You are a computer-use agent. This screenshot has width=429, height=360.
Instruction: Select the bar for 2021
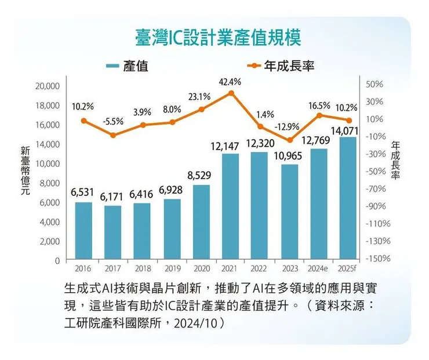click(x=231, y=206)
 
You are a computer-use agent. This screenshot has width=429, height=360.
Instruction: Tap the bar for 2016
click(x=83, y=230)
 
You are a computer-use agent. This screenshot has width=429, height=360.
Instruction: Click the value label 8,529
click(x=201, y=175)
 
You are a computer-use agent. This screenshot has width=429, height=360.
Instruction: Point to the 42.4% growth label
click(x=230, y=82)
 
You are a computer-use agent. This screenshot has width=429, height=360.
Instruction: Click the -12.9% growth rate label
click(x=289, y=126)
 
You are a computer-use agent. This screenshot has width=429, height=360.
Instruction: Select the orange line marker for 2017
click(x=113, y=135)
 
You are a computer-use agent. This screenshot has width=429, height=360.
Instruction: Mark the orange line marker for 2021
click(x=231, y=93)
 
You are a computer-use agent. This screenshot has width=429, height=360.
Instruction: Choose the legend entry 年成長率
click(x=289, y=66)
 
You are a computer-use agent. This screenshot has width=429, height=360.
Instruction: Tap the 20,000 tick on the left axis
click(x=48, y=86)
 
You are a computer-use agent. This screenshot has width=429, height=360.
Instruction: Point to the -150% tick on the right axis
click(x=379, y=258)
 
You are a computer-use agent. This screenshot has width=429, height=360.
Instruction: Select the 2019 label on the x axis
click(x=172, y=268)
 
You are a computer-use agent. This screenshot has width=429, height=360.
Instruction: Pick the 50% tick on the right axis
click(x=375, y=84)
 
